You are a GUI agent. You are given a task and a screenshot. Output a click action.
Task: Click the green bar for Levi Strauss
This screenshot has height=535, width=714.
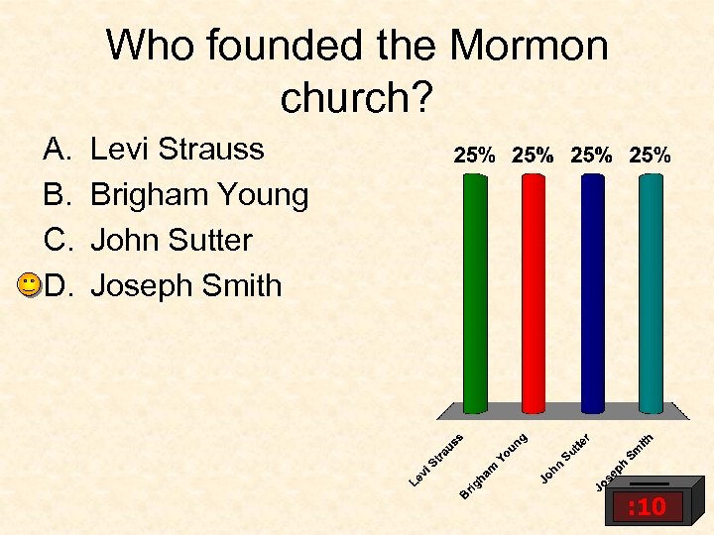pos(475,292)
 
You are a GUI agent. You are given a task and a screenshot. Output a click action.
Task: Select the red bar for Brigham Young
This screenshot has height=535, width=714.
pos(534,292)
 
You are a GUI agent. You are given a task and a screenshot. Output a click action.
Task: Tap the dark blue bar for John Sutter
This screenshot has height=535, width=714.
pos(592,292)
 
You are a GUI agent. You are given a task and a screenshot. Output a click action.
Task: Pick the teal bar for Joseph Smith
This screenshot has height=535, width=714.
pos(651,292)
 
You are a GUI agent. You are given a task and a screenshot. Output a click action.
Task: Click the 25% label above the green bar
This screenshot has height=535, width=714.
pos(475,156)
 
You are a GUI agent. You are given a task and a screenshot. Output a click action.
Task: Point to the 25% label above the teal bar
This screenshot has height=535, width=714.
pos(651,156)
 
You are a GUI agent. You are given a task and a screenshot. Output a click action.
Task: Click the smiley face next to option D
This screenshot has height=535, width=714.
pos(30,285)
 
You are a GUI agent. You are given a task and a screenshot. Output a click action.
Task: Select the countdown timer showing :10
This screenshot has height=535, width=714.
pos(646,508)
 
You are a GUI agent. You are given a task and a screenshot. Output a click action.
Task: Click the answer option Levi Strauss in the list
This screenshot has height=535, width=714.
pos(177,150)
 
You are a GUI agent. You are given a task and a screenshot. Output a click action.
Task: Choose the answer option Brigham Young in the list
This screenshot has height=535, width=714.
pos(199,195)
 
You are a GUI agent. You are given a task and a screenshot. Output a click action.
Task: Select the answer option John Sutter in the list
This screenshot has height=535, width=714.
pos(171,241)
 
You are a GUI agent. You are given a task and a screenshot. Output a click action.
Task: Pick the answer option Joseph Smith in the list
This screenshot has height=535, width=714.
pos(185,286)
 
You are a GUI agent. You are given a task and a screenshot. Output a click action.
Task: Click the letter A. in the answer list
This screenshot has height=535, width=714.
pos(56,150)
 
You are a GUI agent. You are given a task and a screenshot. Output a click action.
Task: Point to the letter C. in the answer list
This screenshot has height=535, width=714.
pos(56,241)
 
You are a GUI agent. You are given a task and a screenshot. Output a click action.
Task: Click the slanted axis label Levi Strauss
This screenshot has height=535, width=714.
pos(437,458)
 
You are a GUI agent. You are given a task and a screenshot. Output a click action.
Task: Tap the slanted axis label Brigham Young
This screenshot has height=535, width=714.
pos(493,462)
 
